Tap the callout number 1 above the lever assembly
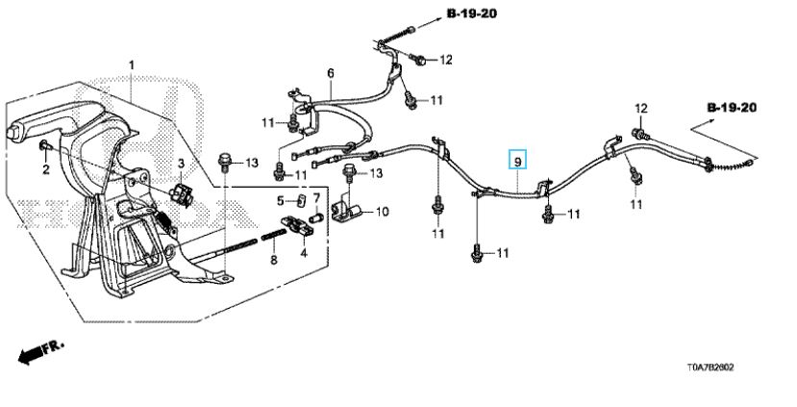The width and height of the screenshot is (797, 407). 132,65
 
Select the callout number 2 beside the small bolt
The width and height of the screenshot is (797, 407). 46,169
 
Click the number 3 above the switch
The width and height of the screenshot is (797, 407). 181,164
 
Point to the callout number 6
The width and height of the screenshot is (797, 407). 331,73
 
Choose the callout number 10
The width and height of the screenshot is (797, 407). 383,211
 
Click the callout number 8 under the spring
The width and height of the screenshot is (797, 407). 274,261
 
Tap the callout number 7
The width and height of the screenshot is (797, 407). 316,197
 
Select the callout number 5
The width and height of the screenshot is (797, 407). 280,201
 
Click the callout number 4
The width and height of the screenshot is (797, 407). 304,252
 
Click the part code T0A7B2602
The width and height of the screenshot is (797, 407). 710,368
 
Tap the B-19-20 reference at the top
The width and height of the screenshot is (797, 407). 472,13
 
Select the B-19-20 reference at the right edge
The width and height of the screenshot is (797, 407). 732,108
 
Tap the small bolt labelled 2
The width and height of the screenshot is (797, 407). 44,147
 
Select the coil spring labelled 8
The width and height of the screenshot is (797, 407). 274,237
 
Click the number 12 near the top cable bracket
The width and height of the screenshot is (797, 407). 446,60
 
